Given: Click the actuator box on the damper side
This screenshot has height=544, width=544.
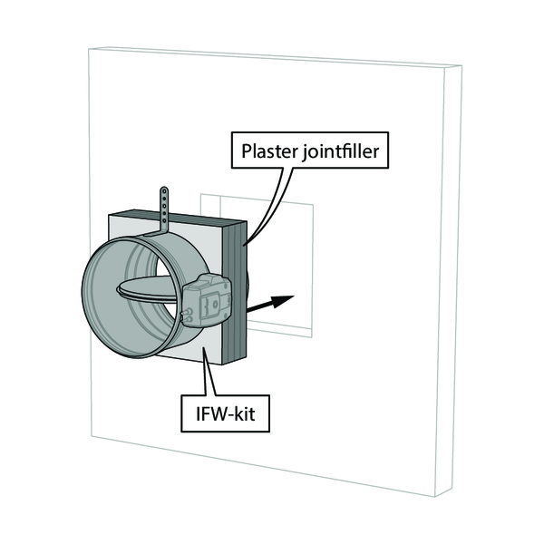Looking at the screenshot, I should tap(211, 300).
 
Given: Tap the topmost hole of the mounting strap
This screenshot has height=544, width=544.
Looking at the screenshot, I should tap(165, 192).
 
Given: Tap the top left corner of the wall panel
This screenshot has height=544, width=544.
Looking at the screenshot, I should tap(88, 50).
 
